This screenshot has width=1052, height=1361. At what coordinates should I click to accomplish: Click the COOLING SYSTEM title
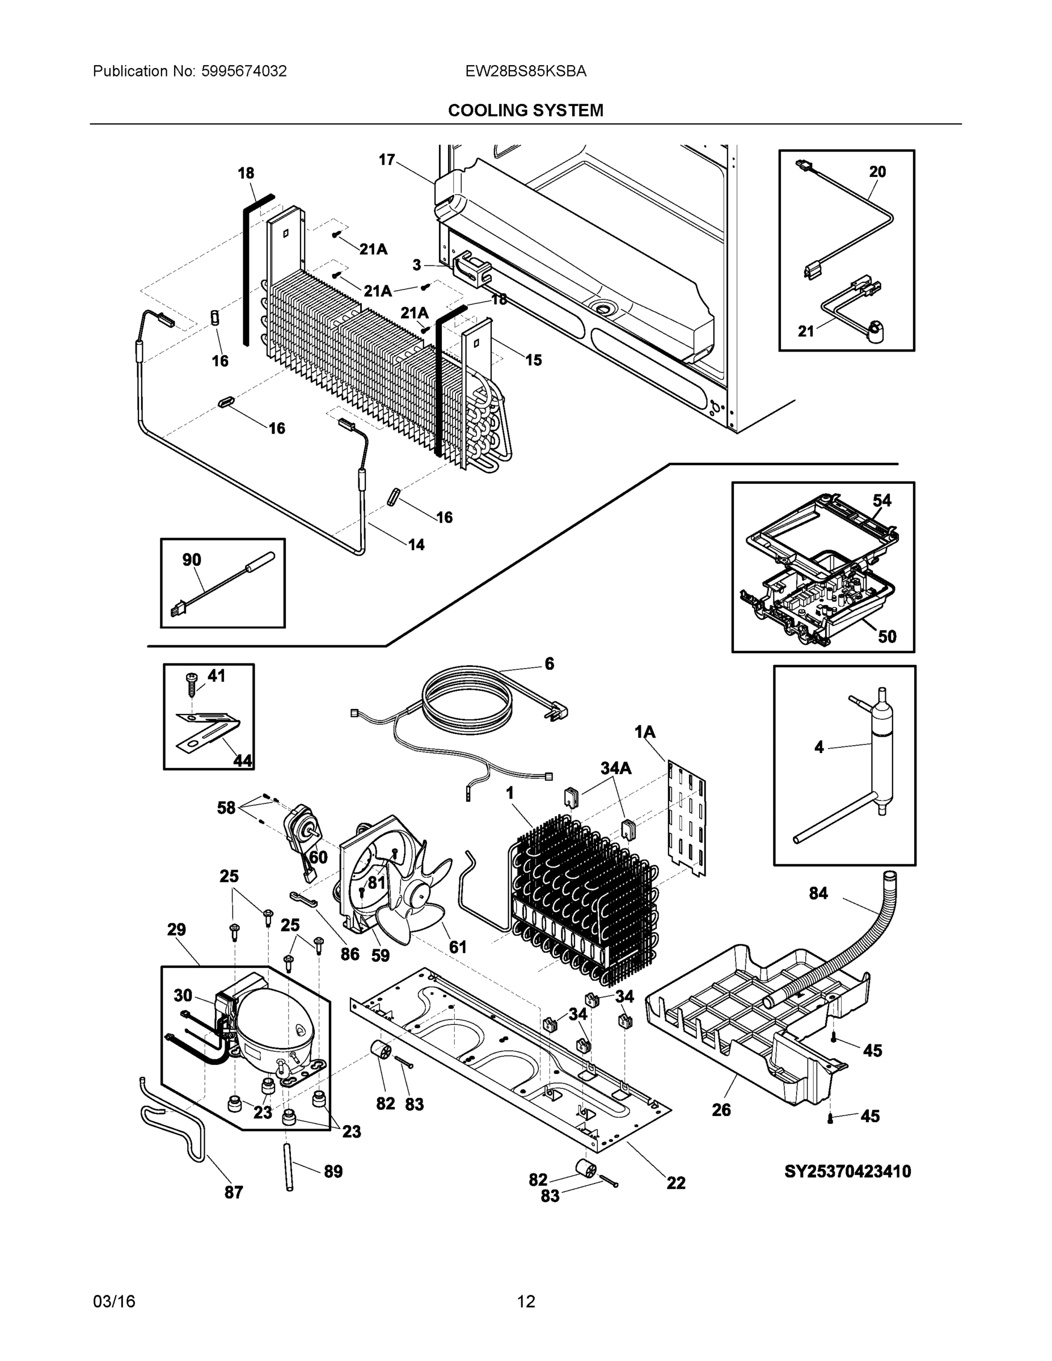coord(525,111)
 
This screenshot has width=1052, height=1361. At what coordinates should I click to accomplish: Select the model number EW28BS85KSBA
coord(525,71)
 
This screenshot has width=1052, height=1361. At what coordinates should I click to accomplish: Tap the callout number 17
coord(386,160)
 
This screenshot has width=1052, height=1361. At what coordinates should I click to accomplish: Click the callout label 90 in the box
coord(191,560)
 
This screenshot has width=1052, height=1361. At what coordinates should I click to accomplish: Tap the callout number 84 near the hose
coord(818,894)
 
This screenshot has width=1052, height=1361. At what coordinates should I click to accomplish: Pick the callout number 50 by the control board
coord(887,636)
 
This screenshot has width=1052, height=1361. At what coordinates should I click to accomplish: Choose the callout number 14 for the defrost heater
coord(416,544)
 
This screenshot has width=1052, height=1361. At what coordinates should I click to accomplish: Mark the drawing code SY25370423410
coord(847,1172)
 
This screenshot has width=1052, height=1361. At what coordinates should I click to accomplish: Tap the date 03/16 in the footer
coord(114,1302)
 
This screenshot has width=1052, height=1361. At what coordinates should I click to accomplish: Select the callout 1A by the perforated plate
coord(645,732)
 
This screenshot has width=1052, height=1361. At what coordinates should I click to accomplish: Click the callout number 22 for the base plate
coord(675,1182)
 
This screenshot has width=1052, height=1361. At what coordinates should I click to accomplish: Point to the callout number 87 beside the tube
coord(234,1192)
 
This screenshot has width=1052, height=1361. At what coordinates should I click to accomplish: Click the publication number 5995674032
coord(244,71)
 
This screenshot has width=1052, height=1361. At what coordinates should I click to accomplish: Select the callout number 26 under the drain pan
coord(721,1110)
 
